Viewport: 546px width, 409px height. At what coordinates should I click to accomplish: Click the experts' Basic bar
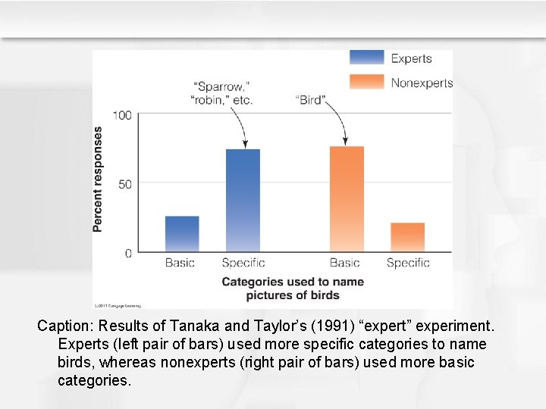click(x=182, y=234)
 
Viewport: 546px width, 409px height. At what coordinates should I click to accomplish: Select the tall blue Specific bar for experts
click(x=243, y=201)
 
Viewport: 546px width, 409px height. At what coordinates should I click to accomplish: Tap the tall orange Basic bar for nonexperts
click(x=347, y=199)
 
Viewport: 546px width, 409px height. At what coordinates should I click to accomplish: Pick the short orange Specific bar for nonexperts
click(x=407, y=237)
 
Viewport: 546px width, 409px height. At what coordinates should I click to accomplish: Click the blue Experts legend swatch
click(x=367, y=58)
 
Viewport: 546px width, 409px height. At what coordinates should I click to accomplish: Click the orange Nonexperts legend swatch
click(x=367, y=82)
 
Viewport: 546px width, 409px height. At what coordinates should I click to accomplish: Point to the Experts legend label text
click(x=411, y=58)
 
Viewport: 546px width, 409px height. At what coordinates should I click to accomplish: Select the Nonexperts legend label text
click(x=422, y=83)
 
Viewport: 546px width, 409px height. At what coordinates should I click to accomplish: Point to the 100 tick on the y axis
click(x=122, y=115)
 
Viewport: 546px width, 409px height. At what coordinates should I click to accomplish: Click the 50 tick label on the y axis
click(x=125, y=184)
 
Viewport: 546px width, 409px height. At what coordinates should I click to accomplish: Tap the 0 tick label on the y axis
click(x=128, y=253)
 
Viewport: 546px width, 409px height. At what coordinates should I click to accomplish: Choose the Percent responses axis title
click(x=98, y=179)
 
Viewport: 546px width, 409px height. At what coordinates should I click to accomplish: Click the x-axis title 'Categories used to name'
click(x=293, y=282)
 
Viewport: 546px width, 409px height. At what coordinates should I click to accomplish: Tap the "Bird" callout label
click(x=310, y=100)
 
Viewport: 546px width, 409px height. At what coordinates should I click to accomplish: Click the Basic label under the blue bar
click(x=180, y=263)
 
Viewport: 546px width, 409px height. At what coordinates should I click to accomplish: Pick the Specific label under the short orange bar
click(x=408, y=263)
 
